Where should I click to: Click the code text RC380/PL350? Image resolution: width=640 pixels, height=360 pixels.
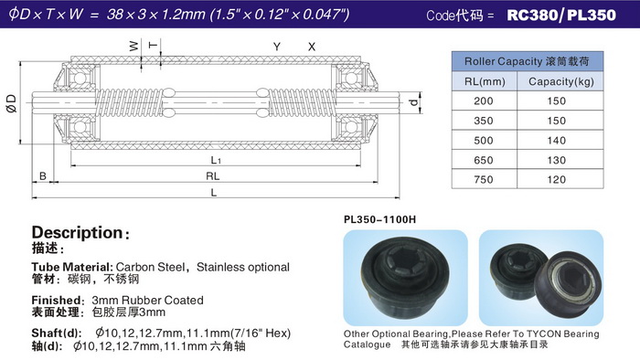click(561, 16)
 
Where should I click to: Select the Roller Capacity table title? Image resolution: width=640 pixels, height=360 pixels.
click(527, 61)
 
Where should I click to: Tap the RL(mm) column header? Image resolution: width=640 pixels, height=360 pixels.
click(485, 81)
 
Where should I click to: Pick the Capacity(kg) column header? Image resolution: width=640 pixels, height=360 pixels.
click(561, 81)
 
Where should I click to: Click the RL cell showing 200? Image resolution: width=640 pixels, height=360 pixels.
click(484, 101)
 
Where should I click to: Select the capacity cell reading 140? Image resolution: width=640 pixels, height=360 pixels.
click(556, 140)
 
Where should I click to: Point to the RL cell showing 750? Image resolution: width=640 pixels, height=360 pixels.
click(484, 179)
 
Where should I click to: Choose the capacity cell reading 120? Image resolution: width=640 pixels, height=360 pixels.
click(556, 179)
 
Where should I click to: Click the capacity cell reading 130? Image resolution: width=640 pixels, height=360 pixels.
click(556, 160)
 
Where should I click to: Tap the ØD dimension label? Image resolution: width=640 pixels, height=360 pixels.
click(11, 103)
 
